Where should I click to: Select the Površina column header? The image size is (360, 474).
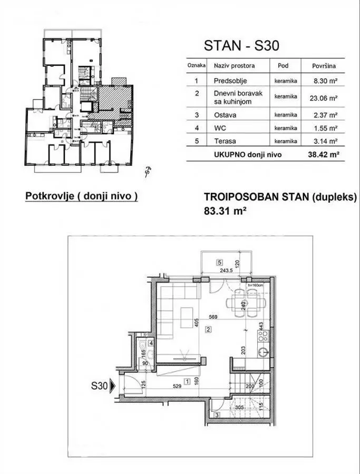(x=320, y=66)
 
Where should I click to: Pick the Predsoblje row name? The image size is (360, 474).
(x=230, y=81)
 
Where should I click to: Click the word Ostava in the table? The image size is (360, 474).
(x=225, y=114)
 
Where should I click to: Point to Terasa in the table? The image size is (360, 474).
(x=225, y=141)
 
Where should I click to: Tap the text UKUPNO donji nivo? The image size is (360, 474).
(x=247, y=155)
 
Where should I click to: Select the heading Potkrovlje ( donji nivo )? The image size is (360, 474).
(x=81, y=196)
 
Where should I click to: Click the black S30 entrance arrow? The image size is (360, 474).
(x=112, y=387)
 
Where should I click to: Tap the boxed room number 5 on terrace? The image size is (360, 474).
(x=220, y=262)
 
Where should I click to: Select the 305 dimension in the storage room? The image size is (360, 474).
(x=239, y=407)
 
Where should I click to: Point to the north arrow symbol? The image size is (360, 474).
(x=149, y=172)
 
